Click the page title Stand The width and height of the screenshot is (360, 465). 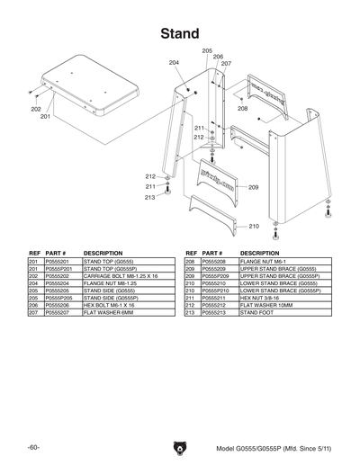click(180, 33)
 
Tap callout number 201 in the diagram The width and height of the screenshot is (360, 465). click(45, 116)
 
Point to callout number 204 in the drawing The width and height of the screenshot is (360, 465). click(174, 62)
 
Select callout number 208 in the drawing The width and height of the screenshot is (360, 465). click(242, 108)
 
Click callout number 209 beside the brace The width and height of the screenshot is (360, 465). click(254, 187)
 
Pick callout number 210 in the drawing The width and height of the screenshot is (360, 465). click(254, 226)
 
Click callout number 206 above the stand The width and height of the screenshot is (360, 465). click(217, 57)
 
